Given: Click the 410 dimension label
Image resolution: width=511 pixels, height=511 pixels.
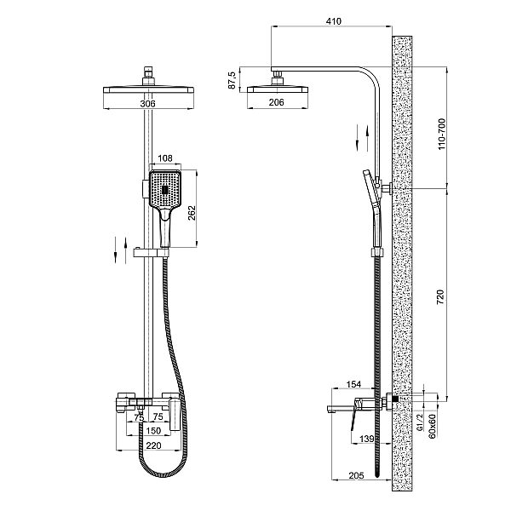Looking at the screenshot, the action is coord(333,21).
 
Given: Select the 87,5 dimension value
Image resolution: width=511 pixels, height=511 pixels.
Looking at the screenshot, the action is coord(232,80).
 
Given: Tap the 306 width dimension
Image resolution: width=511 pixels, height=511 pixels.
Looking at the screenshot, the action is coord(147,104).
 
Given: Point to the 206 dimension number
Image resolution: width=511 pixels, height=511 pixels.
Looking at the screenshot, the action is coord(276,102).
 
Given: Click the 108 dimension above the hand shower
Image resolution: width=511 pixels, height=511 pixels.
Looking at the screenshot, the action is coord(165,158).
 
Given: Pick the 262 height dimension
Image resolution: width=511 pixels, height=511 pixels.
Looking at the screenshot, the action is coord(192,213).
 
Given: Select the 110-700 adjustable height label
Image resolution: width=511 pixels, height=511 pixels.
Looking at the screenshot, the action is coord(441,134).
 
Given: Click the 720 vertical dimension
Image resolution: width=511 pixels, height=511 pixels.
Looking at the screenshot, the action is coord(440,297).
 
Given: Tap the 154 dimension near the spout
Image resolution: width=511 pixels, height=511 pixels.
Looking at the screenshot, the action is coord(353,385).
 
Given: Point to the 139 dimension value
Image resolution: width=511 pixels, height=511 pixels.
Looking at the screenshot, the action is coord(366,439).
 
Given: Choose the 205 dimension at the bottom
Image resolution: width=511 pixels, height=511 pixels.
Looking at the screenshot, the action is coord(356,475).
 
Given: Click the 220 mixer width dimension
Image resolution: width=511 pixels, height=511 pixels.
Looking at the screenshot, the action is coord(153,445).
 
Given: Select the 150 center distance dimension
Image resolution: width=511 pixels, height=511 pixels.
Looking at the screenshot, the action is coord(153,431).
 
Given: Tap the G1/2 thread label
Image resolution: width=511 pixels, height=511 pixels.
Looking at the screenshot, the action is coord(420,422).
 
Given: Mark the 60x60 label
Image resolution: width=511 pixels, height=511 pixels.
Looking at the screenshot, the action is coord(432,427).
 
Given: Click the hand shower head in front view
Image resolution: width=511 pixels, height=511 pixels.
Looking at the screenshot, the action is coord(165,189).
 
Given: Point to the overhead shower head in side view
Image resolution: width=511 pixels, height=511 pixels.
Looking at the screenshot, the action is coord(278,89).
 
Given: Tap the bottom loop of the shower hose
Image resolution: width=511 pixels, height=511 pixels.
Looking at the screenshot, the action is coord(163,474).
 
